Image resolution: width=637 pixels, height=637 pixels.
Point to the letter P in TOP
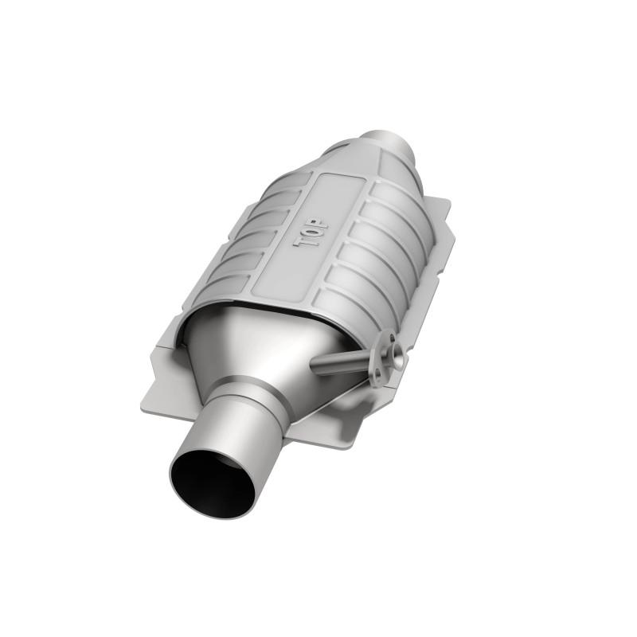311,222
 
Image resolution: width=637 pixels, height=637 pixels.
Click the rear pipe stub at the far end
389,143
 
